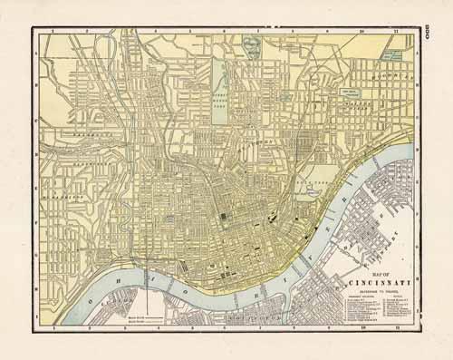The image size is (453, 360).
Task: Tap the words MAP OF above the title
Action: pos(370,270)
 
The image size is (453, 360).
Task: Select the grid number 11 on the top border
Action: pos(395,33)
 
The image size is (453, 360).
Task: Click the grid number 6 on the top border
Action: pos(224,33)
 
